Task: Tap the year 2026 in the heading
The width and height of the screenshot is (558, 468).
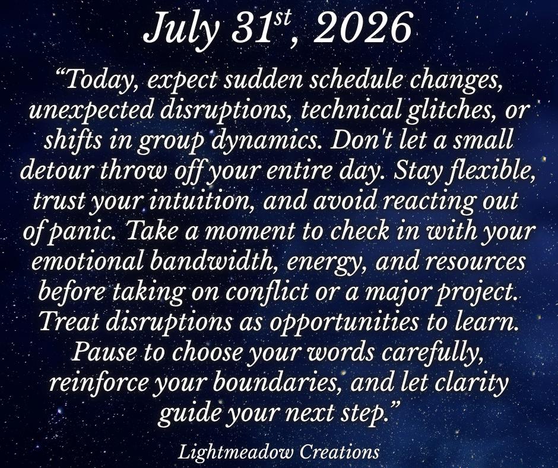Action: pyautogui.click(x=363, y=28)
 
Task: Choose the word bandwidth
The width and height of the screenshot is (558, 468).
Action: pyautogui.click(x=214, y=261)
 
